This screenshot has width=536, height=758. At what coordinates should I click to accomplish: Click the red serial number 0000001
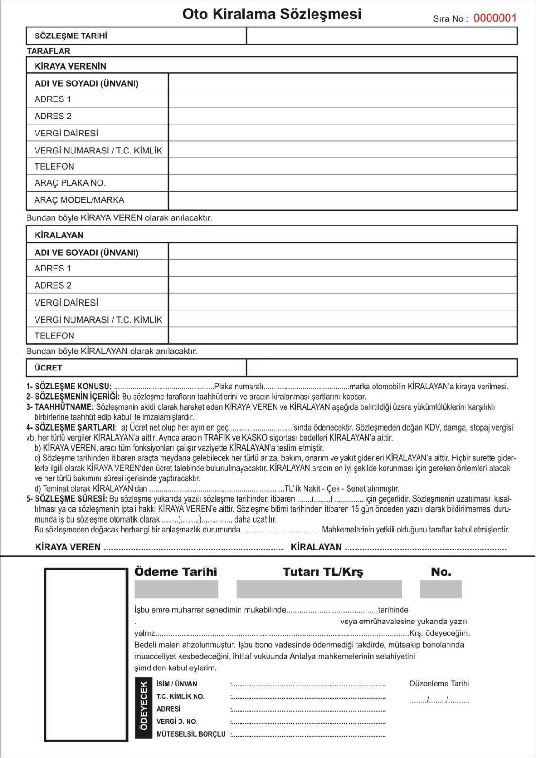click(x=495, y=18)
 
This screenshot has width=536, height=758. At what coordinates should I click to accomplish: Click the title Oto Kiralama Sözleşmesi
click(x=272, y=14)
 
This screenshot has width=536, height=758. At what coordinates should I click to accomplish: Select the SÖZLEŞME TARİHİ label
click(x=71, y=36)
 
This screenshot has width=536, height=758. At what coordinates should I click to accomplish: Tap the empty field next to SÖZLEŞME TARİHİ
click(x=381, y=36)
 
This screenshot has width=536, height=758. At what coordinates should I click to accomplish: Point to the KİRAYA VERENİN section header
click(x=70, y=66)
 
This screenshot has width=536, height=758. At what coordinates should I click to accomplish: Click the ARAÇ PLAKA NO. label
click(x=70, y=183)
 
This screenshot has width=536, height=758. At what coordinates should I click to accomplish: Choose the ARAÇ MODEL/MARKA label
click(x=79, y=200)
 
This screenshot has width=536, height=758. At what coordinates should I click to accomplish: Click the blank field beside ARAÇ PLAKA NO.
click(x=342, y=183)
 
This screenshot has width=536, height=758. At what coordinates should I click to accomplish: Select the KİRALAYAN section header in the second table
click(x=59, y=235)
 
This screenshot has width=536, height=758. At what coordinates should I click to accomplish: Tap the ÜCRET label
click(x=48, y=368)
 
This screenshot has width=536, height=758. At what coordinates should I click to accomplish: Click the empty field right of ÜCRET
click(x=381, y=368)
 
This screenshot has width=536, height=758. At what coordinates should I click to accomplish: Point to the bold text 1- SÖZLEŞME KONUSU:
click(x=69, y=387)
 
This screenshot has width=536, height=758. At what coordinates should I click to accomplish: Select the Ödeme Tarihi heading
click(x=176, y=572)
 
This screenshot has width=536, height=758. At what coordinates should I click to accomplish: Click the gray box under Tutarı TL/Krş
click(x=319, y=589)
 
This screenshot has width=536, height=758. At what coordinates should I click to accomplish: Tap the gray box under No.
click(x=440, y=589)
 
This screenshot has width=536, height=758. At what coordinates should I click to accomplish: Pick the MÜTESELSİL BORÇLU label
click(x=191, y=734)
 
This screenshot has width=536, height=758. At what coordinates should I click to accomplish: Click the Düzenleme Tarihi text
click(x=439, y=684)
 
